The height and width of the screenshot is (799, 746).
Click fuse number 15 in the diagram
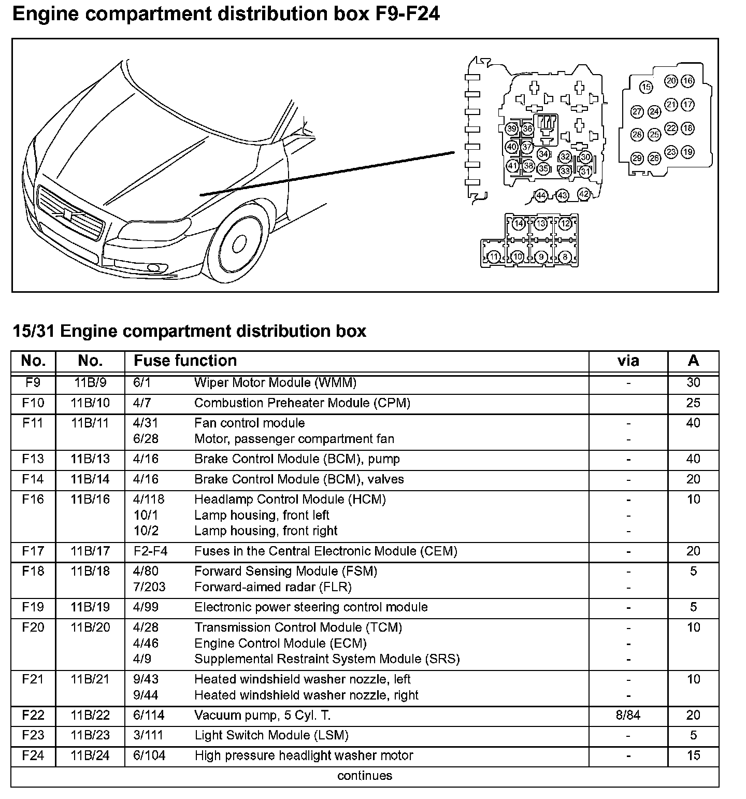646,87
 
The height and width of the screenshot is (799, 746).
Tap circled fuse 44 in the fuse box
541,195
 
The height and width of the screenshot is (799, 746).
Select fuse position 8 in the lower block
565,256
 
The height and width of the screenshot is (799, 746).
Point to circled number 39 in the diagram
512,129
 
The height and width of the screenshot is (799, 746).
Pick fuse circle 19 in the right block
687,152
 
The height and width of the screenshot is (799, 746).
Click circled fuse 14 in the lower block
519,224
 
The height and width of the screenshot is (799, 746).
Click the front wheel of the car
238,246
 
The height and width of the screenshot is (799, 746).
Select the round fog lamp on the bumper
153,268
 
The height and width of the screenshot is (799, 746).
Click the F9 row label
33,383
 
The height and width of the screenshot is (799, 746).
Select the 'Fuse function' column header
185,361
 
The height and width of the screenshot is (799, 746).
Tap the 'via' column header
628,361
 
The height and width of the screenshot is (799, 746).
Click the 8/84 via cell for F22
628,716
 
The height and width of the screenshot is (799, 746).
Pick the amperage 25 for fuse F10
693,403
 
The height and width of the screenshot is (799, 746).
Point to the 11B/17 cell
90,551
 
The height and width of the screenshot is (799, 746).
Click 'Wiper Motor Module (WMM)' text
275,383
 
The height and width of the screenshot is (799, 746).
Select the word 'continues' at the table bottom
365,776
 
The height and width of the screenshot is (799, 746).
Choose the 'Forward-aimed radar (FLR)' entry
272,587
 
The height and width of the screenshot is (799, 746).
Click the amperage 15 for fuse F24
693,755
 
